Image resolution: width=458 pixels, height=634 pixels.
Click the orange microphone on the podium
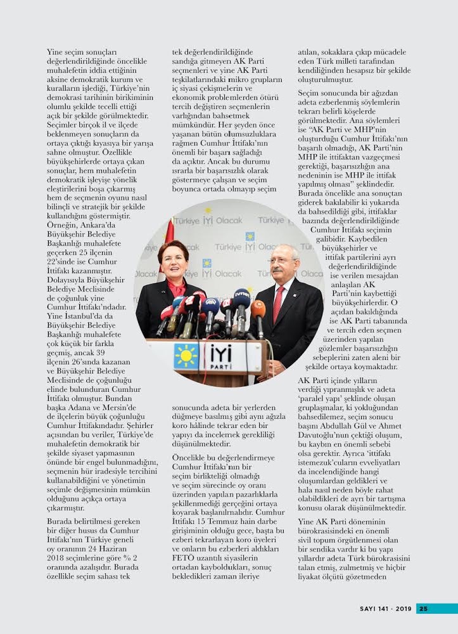(258, 311)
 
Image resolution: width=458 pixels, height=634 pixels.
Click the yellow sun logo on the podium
(186, 356)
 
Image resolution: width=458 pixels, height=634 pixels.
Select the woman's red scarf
(177, 289)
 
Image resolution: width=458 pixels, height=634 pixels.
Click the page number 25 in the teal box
(423, 609)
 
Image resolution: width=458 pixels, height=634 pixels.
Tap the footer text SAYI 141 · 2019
(386, 609)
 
